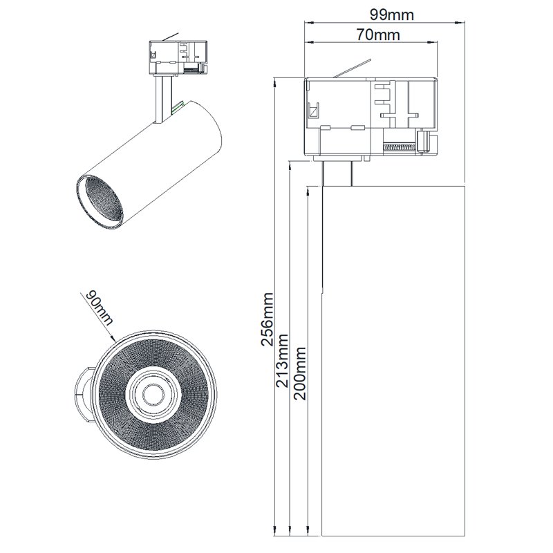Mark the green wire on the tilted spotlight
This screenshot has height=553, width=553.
coord(178,106)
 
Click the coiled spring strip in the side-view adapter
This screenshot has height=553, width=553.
coord(401,147)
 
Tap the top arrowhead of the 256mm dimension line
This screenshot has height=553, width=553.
coord(275,82)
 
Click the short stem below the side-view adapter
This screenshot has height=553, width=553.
coord(339,172)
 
